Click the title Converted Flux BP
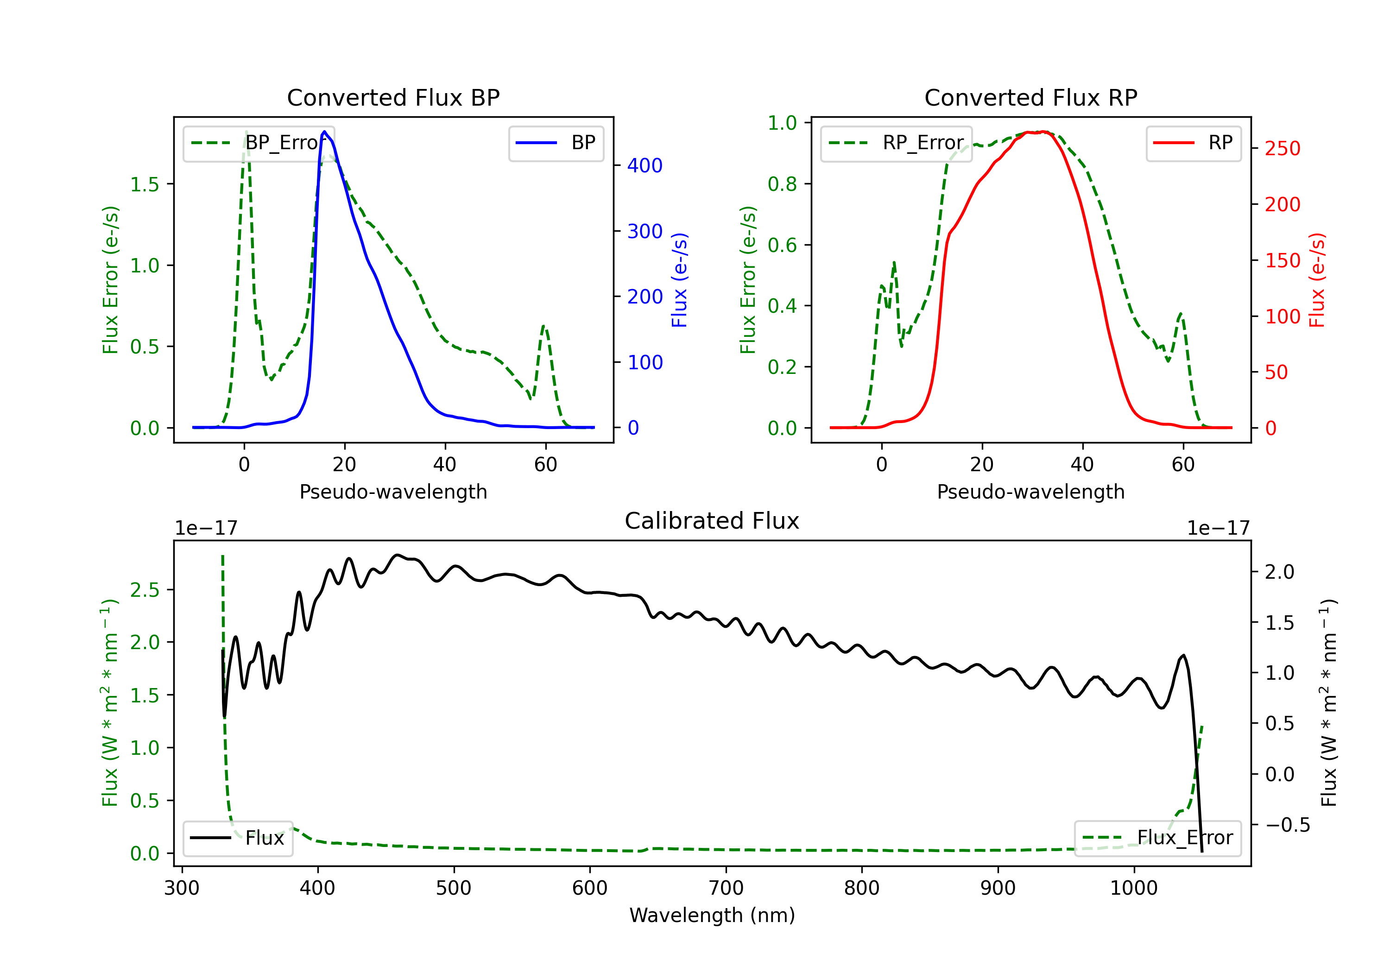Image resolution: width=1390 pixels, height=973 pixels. pos(393,97)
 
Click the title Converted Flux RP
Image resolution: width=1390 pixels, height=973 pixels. pos(1030,97)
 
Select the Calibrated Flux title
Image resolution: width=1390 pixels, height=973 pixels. pos(712,521)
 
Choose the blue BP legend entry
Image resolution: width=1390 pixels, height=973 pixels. pos(556,143)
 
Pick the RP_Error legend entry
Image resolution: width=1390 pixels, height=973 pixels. pos(896,143)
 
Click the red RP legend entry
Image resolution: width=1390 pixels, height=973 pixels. pos(1193,143)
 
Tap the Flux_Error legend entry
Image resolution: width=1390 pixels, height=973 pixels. pos(1157,838)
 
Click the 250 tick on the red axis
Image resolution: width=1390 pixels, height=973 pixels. pos(1282,148)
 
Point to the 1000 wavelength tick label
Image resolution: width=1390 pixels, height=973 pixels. pos(1133,888)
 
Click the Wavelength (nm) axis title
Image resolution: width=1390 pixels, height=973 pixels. pos(712,915)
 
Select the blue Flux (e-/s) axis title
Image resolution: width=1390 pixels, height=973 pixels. pos(679,280)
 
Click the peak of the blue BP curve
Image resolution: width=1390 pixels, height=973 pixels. pos(324,132)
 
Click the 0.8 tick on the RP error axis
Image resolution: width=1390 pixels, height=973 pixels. pos(782,183)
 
